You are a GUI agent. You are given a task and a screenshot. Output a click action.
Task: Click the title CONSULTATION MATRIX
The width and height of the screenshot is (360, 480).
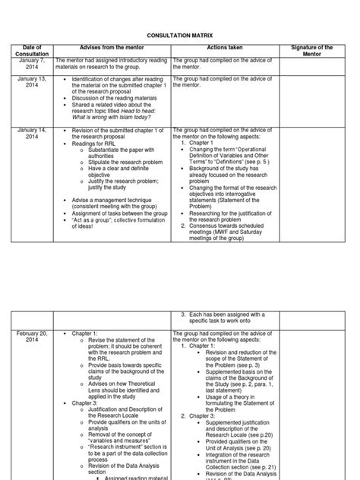click(x=180, y=35)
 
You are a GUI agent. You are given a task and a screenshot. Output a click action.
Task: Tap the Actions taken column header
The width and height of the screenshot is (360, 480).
click(x=223, y=48)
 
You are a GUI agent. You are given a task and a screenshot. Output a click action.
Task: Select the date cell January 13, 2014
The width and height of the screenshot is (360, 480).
click(x=33, y=82)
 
